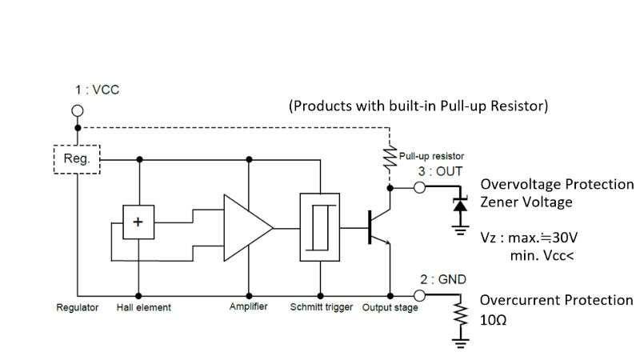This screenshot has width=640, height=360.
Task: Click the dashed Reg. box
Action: pyautogui.click(x=77, y=158)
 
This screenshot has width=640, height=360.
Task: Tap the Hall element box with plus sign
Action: pyautogui.click(x=138, y=222)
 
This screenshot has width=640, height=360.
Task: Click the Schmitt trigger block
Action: pyautogui.click(x=320, y=226)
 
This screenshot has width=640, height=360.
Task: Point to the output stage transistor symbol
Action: pyautogui.click(x=376, y=226)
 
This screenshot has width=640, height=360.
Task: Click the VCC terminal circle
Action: pyautogui.click(x=78, y=111)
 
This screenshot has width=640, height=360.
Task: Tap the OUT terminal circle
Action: pyautogui.click(x=418, y=188)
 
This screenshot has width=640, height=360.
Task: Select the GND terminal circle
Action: pyautogui.click(x=418, y=294)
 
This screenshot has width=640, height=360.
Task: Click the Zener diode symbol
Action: pyautogui.click(x=459, y=206)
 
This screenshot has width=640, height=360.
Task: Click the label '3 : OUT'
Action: pyautogui.click(x=441, y=171)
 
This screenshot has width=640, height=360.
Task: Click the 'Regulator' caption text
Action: pyautogui.click(x=78, y=308)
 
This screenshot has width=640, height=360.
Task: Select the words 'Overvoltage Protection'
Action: pyautogui.click(x=557, y=185)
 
